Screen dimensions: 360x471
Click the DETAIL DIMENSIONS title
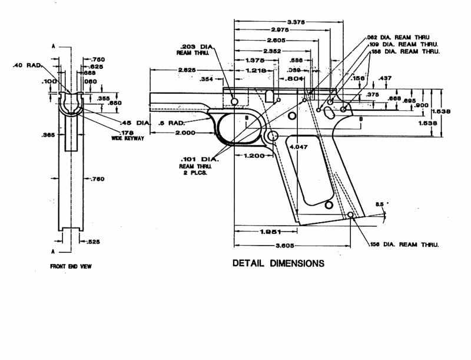coord(278,263)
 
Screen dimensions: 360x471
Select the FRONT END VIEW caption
coord(71,266)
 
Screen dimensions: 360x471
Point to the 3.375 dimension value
coord(288,22)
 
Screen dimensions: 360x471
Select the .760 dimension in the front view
coord(97,179)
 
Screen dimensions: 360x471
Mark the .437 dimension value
coord(384,78)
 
